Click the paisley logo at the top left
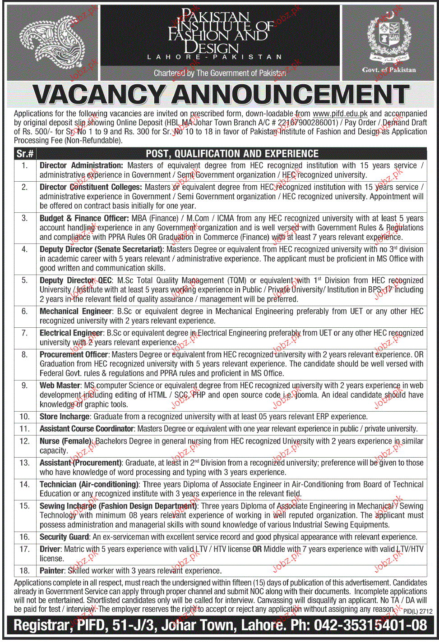53,43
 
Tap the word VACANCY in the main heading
98,95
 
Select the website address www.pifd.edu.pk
340,114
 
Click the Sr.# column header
25,154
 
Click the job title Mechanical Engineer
76,311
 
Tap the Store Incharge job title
65,417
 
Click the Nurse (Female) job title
66,441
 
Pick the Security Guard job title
64,537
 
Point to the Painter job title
52,571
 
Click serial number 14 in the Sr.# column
24,484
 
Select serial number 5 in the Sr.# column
24,280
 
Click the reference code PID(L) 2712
418,611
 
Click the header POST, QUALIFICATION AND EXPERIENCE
232,154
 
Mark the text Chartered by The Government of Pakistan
220,73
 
